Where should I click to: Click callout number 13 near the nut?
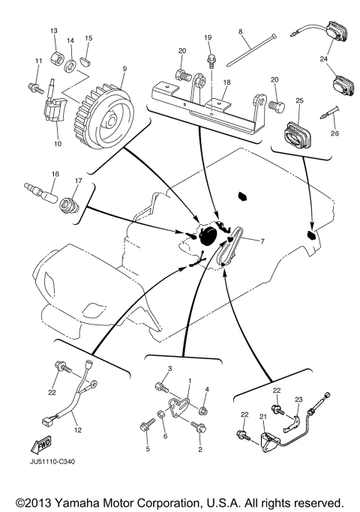[x=53, y=31]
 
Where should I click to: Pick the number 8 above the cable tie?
[x=240, y=31]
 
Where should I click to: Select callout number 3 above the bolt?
[x=169, y=369]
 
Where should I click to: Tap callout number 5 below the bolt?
[x=148, y=449]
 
